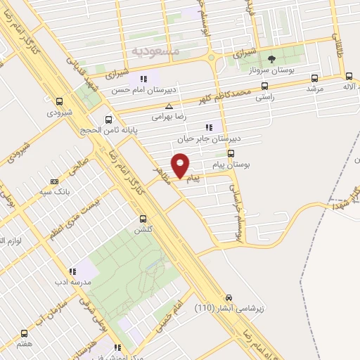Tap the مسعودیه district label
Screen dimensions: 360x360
coord(156,51)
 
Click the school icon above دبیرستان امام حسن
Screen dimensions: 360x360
coord(143,78)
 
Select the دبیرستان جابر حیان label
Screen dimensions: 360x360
coord(207,139)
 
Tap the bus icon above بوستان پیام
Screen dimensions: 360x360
coord(231,152)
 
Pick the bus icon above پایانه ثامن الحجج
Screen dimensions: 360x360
coord(108,119)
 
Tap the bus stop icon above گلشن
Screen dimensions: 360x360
coord(143,219)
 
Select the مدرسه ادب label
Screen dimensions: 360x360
coord(71,281)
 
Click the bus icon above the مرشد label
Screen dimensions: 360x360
coord(314,78)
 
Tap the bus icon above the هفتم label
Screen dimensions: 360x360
coord(25,334)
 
